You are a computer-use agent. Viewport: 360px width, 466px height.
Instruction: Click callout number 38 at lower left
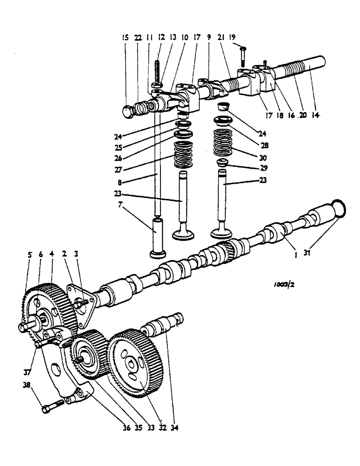tap(27, 385)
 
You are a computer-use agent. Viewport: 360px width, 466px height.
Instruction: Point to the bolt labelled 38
tap(51, 407)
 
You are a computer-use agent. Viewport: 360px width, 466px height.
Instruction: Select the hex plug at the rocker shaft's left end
tap(129, 111)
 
